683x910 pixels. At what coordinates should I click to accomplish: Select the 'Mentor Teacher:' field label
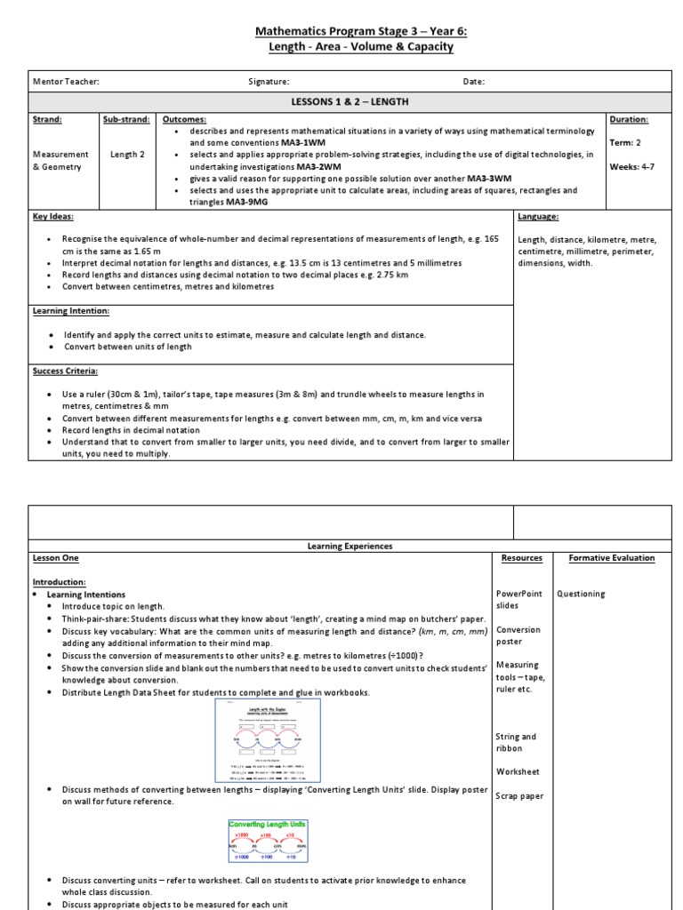pos(66,82)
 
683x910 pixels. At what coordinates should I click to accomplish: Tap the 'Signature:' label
pos(269,82)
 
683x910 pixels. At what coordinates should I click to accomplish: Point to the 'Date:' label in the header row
pos(473,82)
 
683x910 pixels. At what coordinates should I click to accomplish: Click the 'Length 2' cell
pos(126,155)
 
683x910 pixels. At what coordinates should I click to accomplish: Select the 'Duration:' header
pos(628,119)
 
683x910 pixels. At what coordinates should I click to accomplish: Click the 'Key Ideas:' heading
pos(53,216)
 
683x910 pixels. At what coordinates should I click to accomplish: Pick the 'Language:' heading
pos(538,216)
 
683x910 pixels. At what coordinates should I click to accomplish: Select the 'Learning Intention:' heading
pos(71,311)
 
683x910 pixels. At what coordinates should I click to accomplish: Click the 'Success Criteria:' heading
pos(66,371)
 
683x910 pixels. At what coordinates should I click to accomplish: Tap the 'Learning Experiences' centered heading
pos(350,546)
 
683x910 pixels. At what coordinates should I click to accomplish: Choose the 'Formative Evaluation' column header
pos(611,558)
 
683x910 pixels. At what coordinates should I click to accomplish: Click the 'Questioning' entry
pos(581,594)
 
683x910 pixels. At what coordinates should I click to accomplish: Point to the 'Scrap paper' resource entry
pos(519,796)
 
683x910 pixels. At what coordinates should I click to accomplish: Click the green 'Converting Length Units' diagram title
pos(268,824)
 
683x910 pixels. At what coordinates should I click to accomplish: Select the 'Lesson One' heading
pos(56,558)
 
